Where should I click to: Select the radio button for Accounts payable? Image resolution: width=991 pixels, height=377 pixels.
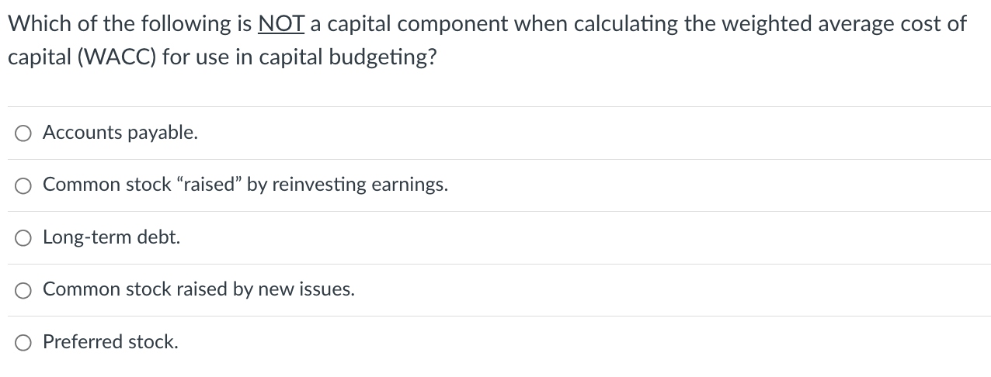point(23,134)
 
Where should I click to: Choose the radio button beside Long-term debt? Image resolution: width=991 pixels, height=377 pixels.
point(23,238)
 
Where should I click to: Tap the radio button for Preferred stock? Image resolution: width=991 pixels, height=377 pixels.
point(23,342)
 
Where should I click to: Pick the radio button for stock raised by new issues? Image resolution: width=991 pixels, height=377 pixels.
point(23,290)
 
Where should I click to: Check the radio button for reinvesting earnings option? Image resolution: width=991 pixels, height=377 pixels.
point(23,186)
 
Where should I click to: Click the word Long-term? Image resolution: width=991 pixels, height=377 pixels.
point(88,237)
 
